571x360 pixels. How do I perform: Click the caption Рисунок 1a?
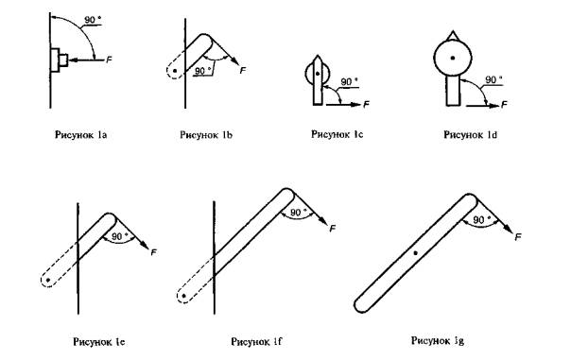click(x=81, y=135)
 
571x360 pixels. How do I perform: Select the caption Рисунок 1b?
click(x=206, y=135)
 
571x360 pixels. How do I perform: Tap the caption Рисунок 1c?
click(x=337, y=134)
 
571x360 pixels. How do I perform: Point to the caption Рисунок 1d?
click(x=470, y=135)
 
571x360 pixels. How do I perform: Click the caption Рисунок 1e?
click(x=99, y=342)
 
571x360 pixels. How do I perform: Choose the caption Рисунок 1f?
click(x=256, y=341)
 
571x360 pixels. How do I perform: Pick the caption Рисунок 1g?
click(x=438, y=340)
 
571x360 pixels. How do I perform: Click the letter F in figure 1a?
click(x=109, y=60)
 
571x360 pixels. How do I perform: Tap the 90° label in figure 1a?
click(x=93, y=20)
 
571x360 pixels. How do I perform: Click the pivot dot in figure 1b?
click(x=175, y=71)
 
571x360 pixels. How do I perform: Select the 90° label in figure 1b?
click(x=203, y=71)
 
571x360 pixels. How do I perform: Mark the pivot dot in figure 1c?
click(x=318, y=74)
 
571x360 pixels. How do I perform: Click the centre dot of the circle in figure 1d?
click(x=453, y=58)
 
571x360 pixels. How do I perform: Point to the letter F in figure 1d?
click(x=504, y=105)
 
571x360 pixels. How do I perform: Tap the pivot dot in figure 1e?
click(x=48, y=280)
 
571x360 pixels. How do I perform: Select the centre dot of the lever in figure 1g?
click(x=416, y=252)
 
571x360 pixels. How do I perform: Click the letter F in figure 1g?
click(x=518, y=237)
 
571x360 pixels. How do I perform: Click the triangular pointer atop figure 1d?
click(x=453, y=35)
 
